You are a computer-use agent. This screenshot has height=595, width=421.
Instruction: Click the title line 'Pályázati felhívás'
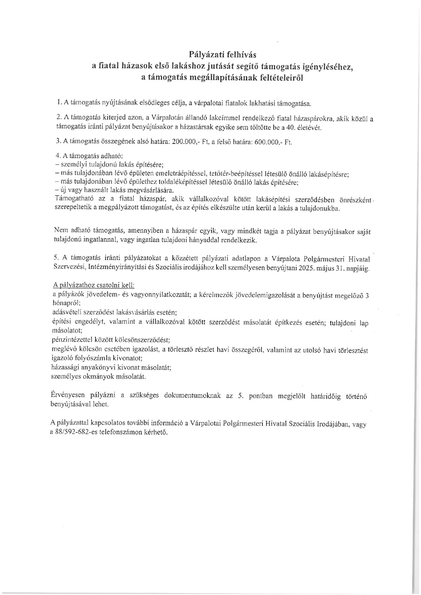tap(222, 54)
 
